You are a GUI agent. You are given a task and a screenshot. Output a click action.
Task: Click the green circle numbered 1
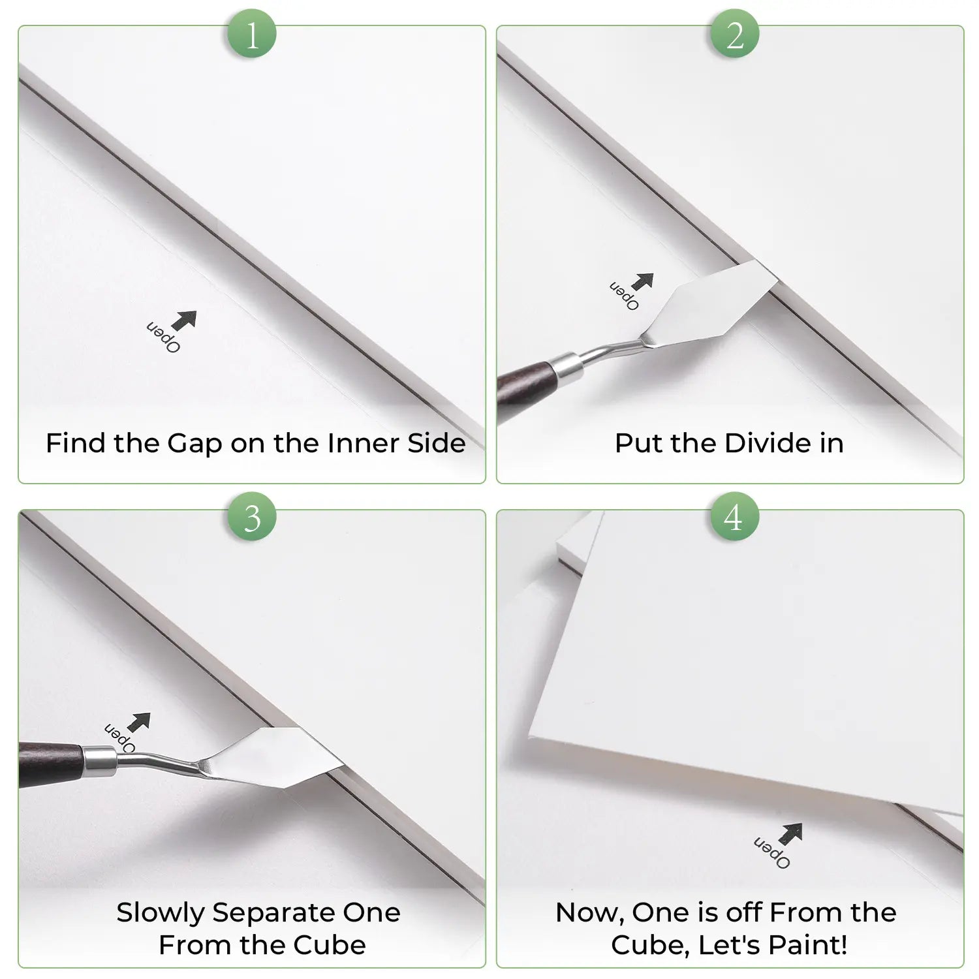(x=252, y=33)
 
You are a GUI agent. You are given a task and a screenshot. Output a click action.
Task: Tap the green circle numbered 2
(x=735, y=33)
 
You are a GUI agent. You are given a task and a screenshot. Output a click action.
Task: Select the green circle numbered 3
(x=252, y=517)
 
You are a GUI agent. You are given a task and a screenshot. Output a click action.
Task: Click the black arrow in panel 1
(x=184, y=320)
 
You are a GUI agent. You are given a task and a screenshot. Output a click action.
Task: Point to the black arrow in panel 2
(x=642, y=282)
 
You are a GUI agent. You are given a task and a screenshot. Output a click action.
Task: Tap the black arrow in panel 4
(x=791, y=833)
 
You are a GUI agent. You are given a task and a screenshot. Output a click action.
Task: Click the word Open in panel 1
(x=163, y=337)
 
